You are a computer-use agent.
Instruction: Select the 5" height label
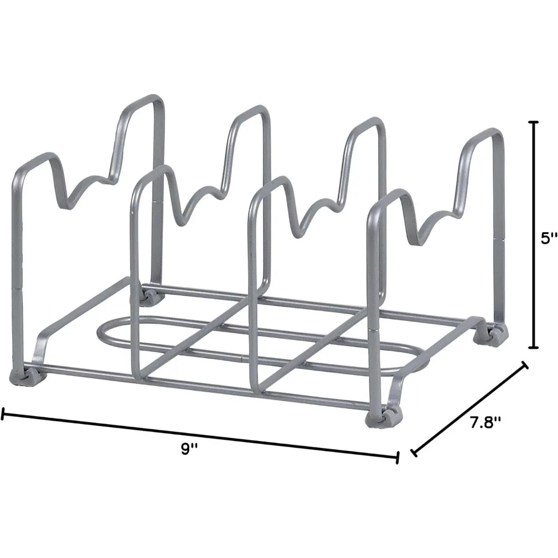[549, 239]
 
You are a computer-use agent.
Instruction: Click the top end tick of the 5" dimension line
[534, 121]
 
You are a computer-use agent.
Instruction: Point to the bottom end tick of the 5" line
[534, 348]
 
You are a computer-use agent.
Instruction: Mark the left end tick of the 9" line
[3, 413]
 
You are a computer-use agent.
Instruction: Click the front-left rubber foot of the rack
[21, 376]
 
